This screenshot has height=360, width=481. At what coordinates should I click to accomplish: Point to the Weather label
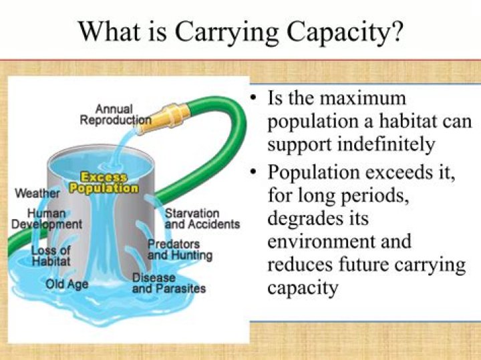point(37,194)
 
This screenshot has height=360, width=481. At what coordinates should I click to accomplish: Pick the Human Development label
point(47,218)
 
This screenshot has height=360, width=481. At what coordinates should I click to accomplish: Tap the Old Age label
point(67,285)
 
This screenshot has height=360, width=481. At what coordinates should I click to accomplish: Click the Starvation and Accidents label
point(202,219)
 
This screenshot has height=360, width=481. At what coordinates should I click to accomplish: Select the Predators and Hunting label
point(180,250)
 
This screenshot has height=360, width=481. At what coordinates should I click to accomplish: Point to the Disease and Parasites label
point(168,283)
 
